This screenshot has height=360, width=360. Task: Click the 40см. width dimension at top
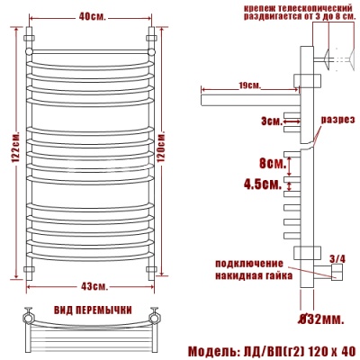[90, 16]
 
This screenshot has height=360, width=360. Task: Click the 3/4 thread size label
[337, 258]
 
